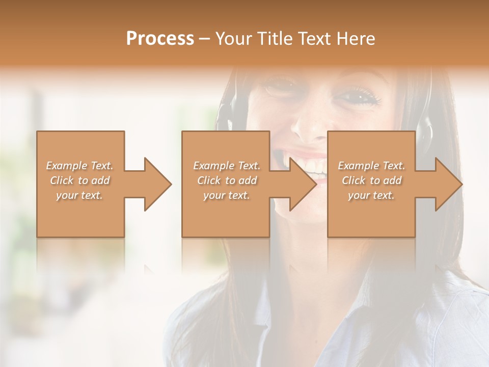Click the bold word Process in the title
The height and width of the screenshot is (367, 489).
[x=160, y=39]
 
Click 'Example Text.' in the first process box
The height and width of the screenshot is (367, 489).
[x=80, y=166]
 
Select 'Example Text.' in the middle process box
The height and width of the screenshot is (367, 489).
[x=227, y=166]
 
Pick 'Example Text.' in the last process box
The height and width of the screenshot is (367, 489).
[x=371, y=166]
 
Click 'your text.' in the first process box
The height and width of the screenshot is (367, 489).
[x=80, y=195]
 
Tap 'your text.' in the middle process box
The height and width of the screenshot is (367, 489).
[x=227, y=195]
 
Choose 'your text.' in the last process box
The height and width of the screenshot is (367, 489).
[x=371, y=195]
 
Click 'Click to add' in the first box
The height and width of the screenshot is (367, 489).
[x=80, y=180]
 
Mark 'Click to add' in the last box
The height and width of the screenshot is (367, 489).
[x=371, y=180]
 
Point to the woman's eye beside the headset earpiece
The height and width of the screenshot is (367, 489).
[x=361, y=96]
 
